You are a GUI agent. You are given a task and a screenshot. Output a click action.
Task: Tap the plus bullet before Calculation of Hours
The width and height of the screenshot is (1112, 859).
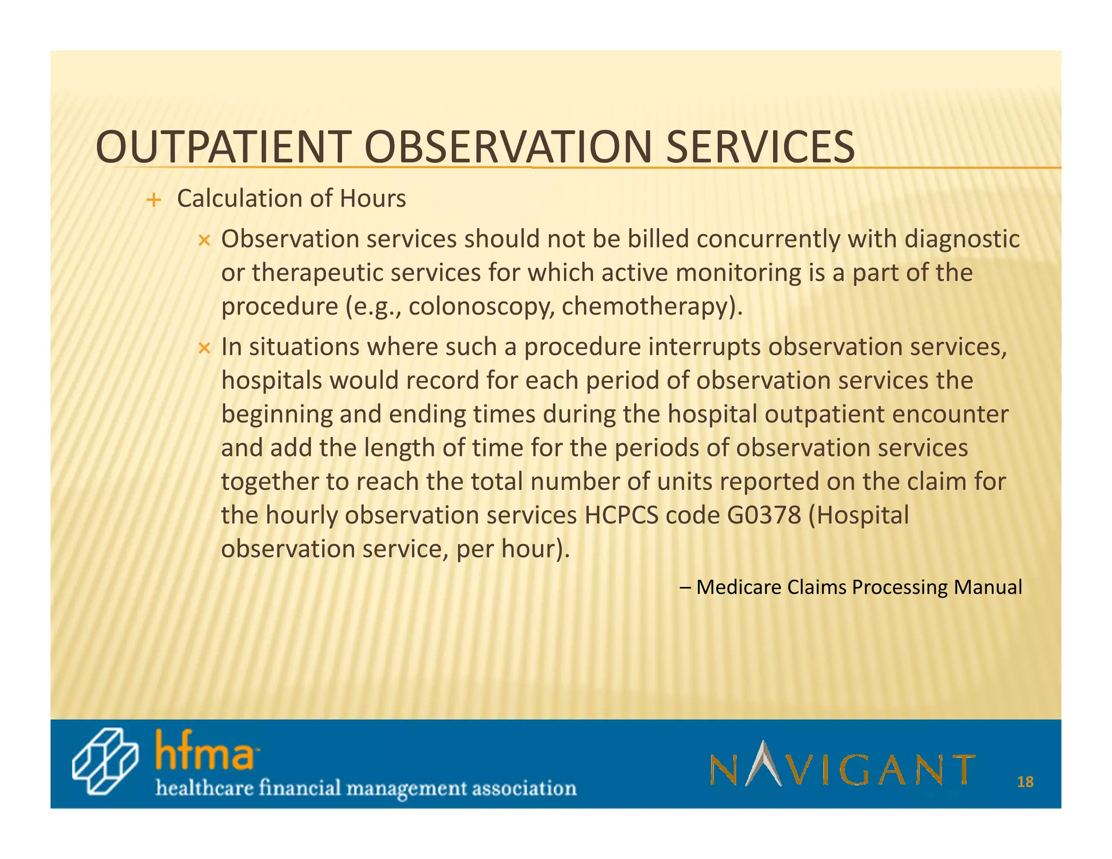click(x=154, y=200)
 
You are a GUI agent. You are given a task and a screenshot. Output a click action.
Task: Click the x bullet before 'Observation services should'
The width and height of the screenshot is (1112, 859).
click(x=204, y=241)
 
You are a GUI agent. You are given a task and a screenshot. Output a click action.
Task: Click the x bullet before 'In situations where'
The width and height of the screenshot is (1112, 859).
click(x=204, y=348)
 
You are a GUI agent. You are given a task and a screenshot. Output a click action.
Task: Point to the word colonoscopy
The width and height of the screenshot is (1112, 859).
click(x=482, y=307)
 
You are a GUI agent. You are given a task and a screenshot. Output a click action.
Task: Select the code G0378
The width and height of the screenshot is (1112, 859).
click(x=764, y=515)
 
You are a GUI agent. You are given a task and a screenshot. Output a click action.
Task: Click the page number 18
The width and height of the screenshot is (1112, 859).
click(x=1025, y=782)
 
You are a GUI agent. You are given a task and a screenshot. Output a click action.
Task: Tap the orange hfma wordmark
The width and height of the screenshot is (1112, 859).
click(x=205, y=751)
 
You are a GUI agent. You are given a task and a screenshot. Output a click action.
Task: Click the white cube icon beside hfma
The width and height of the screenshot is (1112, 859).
click(x=105, y=761)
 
